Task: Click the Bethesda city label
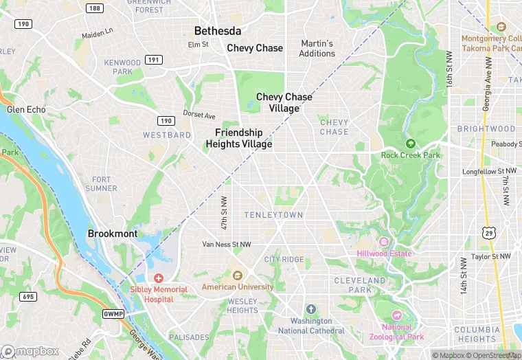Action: click(x=218, y=31)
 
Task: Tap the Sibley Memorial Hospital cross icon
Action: click(x=159, y=278)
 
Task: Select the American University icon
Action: click(x=238, y=275)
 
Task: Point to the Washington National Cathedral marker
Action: click(x=310, y=310)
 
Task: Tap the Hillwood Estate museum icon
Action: click(x=384, y=243)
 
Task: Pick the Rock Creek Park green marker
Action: click(x=411, y=144)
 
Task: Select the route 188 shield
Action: click(x=95, y=8)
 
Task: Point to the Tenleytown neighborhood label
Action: click(x=273, y=215)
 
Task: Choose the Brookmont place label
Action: click(x=113, y=234)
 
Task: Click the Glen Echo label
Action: click(x=26, y=109)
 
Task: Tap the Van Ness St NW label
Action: click(x=227, y=245)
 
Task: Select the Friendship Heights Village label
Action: click(x=239, y=138)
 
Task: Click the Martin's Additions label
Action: click(x=317, y=48)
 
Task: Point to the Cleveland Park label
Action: click(x=360, y=285)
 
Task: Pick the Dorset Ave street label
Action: click(x=199, y=115)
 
